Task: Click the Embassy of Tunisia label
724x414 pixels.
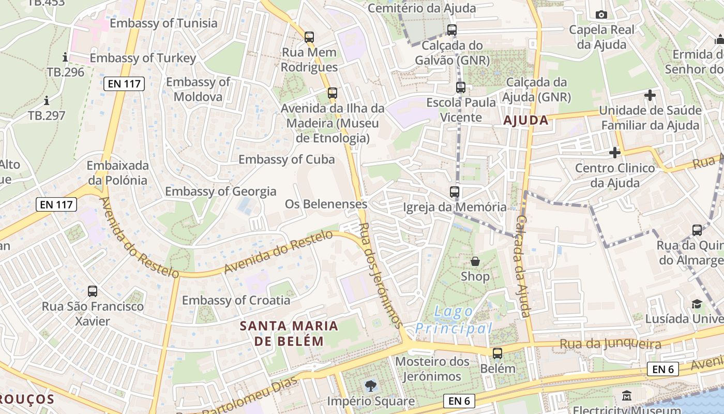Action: pos(163,23)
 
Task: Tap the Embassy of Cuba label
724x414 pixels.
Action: pos(286,159)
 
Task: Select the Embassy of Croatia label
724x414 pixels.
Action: pos(236,300)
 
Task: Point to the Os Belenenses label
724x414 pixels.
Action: pos(326,204)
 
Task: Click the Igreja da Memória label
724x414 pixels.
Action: pos(455,208)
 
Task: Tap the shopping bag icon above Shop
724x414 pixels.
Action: pos(475,262)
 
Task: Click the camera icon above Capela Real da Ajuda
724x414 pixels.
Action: pos(601,14)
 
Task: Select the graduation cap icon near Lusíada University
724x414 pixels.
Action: pos(697,304)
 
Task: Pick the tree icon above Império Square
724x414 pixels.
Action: pos(370,386)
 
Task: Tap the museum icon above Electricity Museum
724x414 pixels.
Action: pos(627,396)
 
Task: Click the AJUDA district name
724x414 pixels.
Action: pos(525,121)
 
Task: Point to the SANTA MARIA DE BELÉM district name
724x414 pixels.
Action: pos(289,333)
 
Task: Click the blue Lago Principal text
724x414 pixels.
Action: pos(454,320)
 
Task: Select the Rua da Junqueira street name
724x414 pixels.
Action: pos(610,344)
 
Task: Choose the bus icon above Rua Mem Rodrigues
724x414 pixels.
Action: pos(309,37)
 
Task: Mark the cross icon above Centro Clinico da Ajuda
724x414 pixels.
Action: pos(614,153)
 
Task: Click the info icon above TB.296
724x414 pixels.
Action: pos(65,56)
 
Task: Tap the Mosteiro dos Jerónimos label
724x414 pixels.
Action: pos(432,368)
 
